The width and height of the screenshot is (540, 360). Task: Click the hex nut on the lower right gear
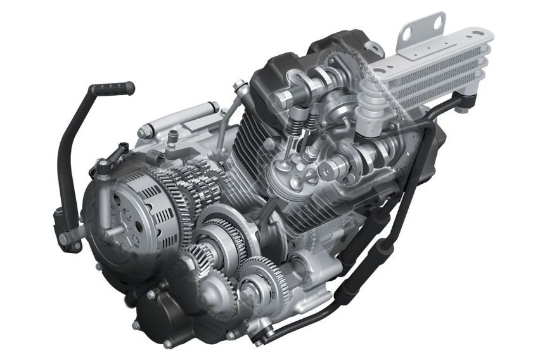click(x=248, y=292)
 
